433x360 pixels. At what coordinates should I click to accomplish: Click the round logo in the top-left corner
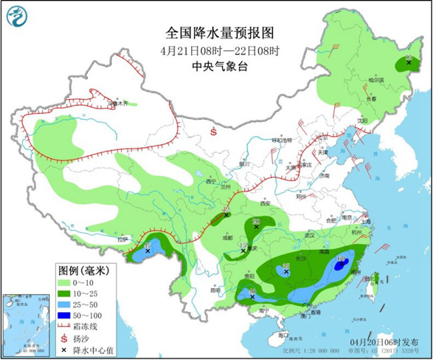(x=20, y=19)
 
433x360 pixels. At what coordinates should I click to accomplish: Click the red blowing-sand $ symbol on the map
(x=214, y=132)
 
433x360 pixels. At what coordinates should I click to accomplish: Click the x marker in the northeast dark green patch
(x=408, y=63)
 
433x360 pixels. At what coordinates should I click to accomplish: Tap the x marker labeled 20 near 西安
(x=256, y=227)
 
